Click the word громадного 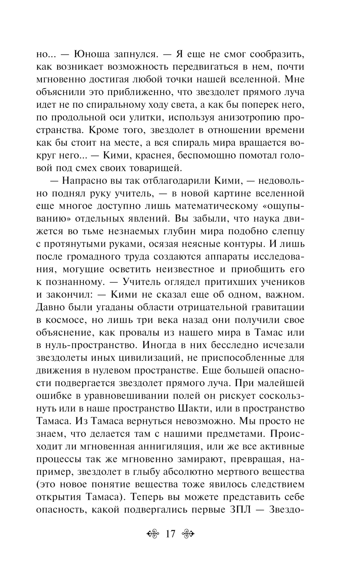95,256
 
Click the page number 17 170,533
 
